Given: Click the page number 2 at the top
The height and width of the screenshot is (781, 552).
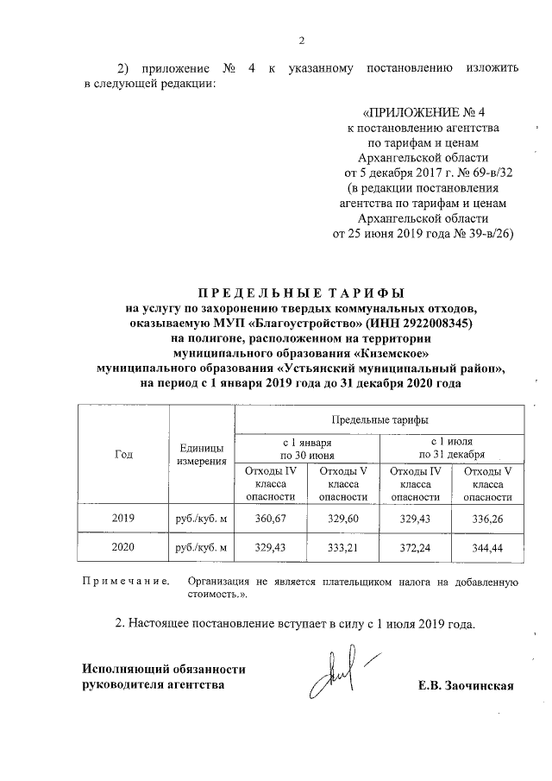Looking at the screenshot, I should pos(302,40).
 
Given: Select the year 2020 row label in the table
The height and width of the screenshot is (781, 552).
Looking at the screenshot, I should pos(124,547).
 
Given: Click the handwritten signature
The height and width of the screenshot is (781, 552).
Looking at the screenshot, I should pos(338,677).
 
